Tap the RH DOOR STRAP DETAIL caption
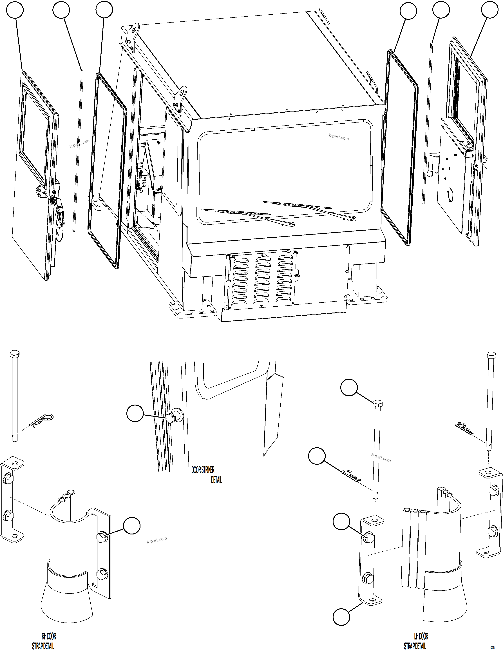pyautogui.click(x=45, y=641)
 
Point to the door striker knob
pyautogui.click(x=170, y=418)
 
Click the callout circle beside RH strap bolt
pyautogui.click(x=132, y=525)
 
